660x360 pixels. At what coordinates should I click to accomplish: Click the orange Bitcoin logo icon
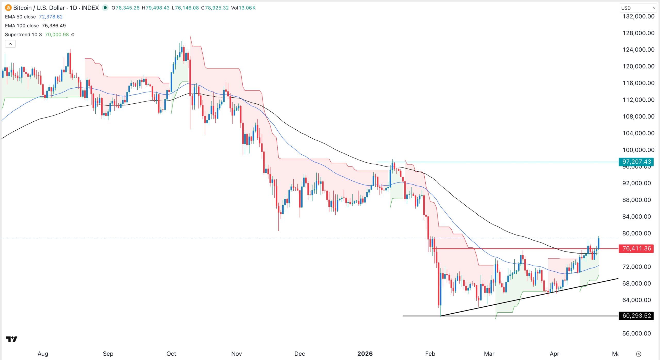pos(8,8)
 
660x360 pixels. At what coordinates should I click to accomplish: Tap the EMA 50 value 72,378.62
pos(51,17)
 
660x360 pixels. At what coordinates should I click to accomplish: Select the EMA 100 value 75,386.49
pos(54,26)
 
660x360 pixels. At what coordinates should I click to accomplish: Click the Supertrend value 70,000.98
pos(57,35)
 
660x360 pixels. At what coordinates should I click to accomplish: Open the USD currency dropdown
pos(638,8)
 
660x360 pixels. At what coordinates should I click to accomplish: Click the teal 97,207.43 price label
pos(636,162)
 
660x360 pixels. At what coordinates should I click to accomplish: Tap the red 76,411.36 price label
pos(636,249)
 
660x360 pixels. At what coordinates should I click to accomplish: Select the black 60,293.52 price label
pos(636,316)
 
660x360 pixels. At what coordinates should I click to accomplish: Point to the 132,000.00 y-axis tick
pos(638,16)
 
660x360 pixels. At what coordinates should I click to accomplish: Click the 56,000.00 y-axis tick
pos(637,333)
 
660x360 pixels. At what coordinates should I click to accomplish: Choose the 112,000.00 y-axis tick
pos(638,100)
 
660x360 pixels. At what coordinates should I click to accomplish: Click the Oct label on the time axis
pos(171,354)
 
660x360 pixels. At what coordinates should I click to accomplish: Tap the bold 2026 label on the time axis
pos(365,354)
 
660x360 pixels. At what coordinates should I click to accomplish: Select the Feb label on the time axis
pos(430,354)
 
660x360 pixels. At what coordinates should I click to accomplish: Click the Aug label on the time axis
pos(43,354)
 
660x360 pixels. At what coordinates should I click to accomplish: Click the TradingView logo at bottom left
pos(12,339)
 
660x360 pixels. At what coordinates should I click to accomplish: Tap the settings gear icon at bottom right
pos(639,354)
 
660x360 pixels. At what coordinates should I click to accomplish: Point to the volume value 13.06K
pos(247,8)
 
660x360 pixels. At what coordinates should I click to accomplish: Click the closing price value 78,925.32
pos(217,8)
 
